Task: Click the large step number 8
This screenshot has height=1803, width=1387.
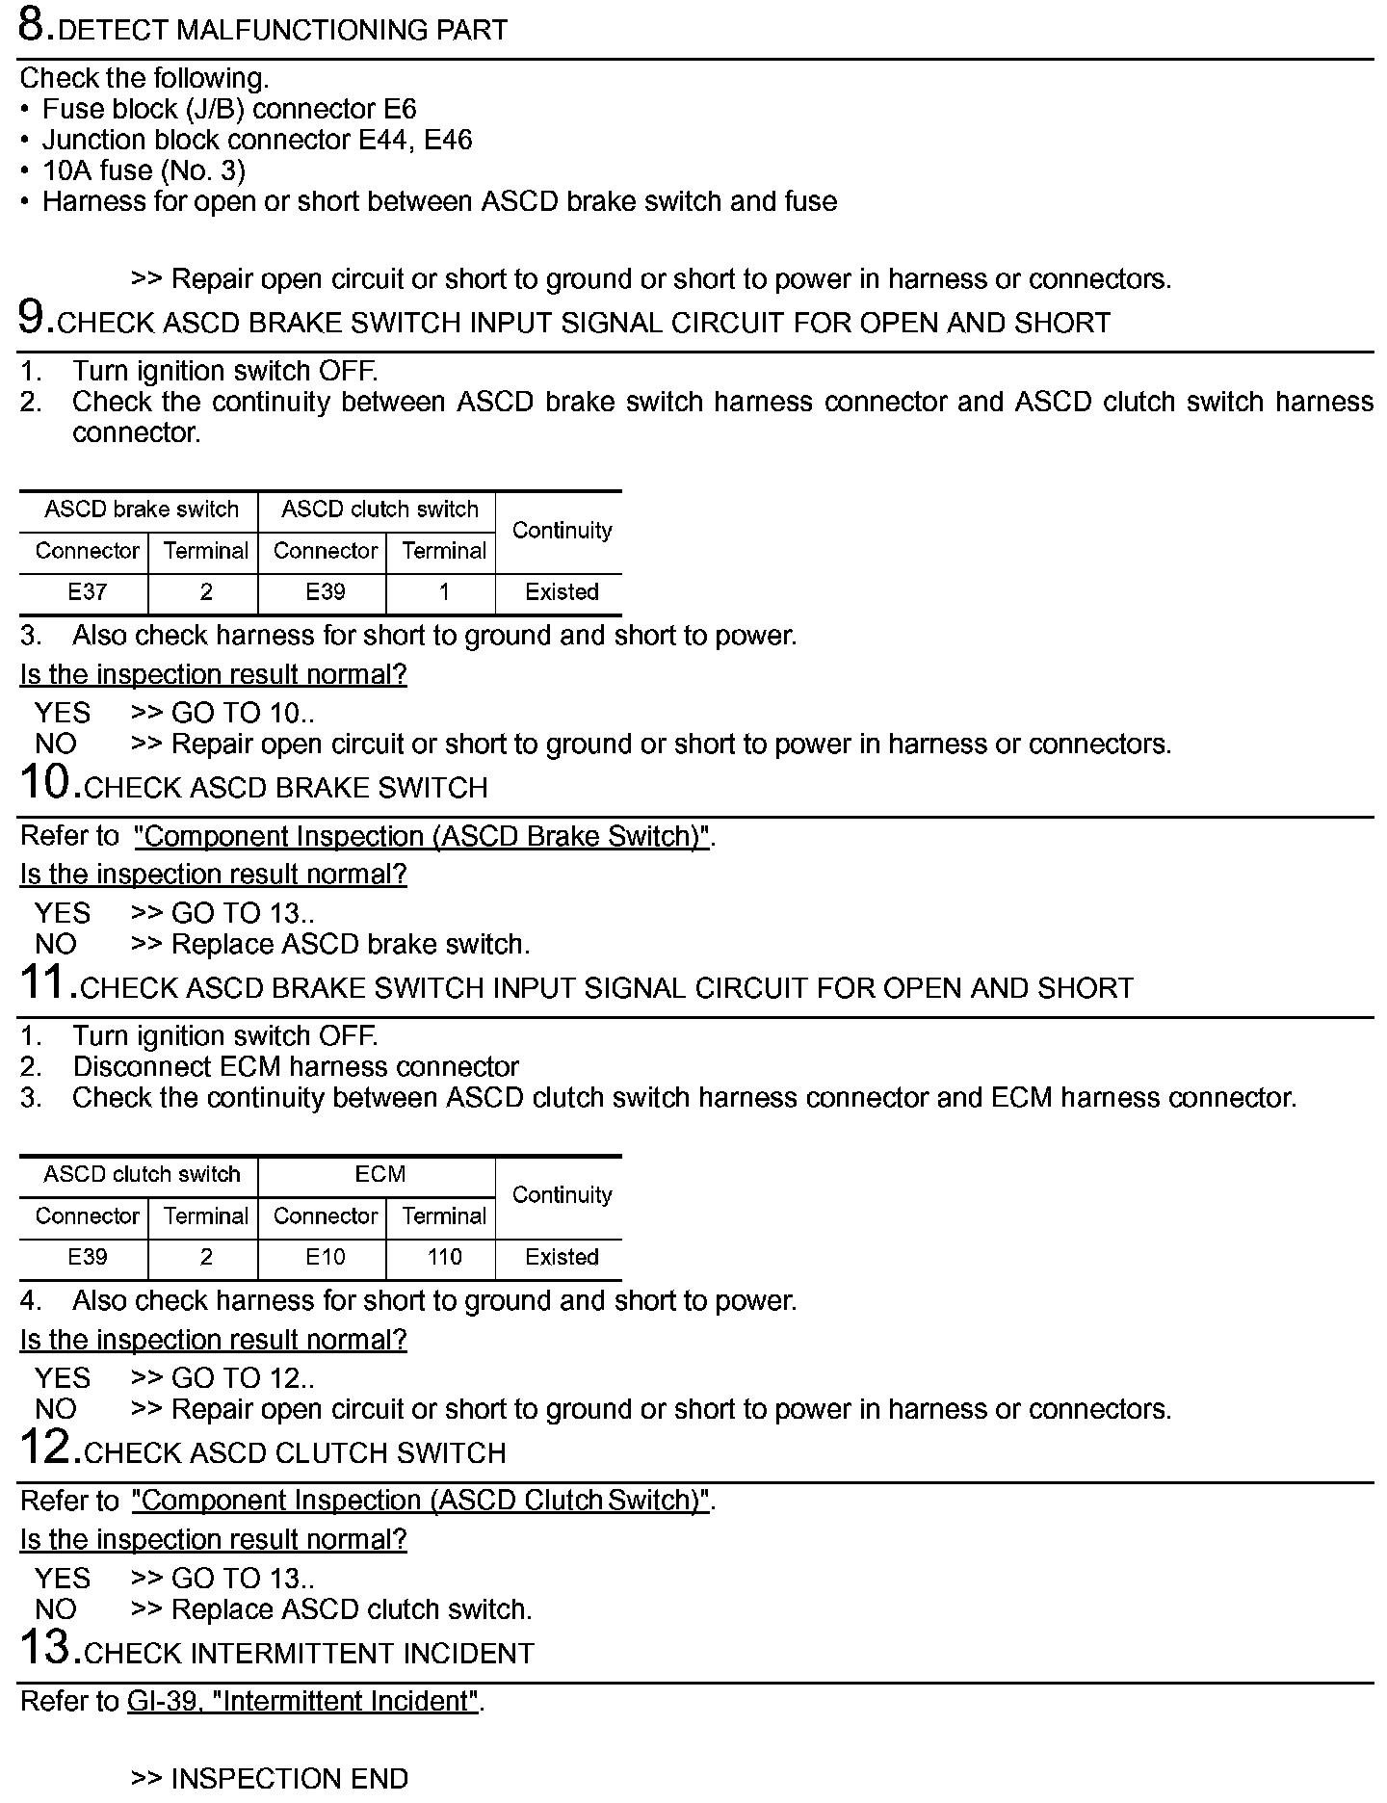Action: (35, 26)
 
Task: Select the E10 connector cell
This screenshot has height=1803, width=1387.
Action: (325, 1257)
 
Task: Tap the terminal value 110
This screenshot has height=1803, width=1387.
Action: (444, 1257)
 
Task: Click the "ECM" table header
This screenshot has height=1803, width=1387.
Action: (379, 1174)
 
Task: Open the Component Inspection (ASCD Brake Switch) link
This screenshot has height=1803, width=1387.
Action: (422, 836)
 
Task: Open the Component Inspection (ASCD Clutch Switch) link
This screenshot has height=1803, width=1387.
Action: (420, 1501)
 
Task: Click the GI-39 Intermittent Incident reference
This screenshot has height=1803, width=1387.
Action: (302, 1701)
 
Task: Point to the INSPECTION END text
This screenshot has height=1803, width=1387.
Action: (289, 1778)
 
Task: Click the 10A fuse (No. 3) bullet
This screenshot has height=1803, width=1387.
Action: (144, 170)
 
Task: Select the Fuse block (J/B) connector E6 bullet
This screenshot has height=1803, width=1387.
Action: (229, 109)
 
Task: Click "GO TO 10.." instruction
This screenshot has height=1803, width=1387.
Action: (242, 713)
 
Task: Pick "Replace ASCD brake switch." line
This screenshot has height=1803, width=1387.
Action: (350, 944)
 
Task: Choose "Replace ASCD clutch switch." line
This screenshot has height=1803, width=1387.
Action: (351, 1609)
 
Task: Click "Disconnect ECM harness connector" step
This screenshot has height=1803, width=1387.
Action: (296, 1066)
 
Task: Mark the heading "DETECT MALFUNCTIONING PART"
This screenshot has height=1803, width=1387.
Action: (282, 31)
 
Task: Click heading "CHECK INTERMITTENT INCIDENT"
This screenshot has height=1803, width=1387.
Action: (308, 1654)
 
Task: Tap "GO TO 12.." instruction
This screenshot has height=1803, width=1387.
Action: (242, 1378)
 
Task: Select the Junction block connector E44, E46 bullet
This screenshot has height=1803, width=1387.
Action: (257, 140)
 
